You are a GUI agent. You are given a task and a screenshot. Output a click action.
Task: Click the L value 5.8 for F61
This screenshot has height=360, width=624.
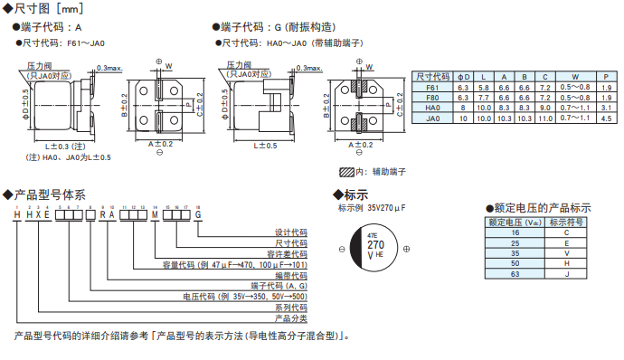point(485,87)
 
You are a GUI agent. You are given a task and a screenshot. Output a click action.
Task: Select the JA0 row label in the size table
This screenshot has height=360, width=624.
point(432,118)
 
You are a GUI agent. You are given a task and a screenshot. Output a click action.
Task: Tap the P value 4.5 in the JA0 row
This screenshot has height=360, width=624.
point(608,118)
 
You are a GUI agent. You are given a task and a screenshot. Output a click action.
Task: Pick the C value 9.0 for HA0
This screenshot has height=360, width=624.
point(544,108)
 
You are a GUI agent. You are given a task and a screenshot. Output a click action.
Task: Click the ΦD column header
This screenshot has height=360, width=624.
point(463,76)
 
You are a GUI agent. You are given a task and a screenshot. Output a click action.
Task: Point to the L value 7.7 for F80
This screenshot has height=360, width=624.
point(485,97)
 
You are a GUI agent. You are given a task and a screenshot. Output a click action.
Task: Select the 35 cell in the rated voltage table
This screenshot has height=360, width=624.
point(515,252)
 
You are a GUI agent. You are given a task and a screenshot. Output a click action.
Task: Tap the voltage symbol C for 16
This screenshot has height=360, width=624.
point(566,232)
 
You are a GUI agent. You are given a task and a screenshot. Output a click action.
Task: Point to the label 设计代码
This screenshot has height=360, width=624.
point(289,232)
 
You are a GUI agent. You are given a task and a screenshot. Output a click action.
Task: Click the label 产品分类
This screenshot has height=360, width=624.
point(289,318)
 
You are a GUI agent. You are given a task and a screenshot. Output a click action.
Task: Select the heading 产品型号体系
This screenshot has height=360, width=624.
point(49,194)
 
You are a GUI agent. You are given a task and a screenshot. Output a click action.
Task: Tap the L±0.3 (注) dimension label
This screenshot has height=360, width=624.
point(64,145)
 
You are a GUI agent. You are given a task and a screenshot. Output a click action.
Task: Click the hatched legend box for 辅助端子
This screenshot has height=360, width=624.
point(347,171)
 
